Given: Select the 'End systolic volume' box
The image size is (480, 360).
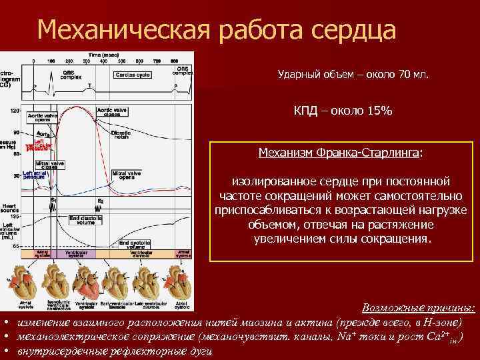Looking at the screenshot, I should click(x=137, y=243).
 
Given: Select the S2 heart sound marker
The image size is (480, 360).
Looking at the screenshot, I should click(x=101, y=201).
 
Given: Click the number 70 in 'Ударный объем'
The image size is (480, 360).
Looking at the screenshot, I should click(x=403, y=75).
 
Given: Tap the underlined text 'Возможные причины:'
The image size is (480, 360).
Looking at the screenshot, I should click(x=418, y=307).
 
